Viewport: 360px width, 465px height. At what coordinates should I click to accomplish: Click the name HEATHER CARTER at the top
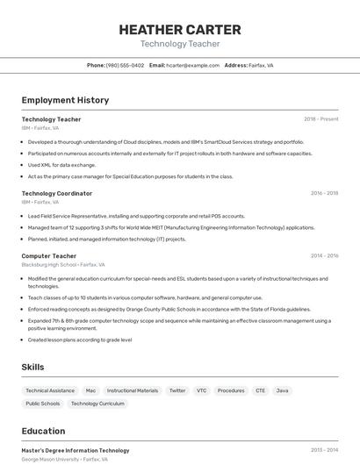pyautogui.click(x=179, y=29)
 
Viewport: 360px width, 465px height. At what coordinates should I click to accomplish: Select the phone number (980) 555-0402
pyautogui.click(x=125, y=65)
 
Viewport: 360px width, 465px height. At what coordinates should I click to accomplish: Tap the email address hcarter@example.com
pyautogui.click(x=192, y=65)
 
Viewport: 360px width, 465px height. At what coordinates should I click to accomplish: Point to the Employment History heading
pyautogui.click(x=65, y=100)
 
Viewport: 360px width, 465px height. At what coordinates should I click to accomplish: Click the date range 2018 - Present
pyautogui.click(x=320, y=119)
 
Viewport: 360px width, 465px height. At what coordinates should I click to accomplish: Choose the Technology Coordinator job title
pyautogui.click(x=56, y=193)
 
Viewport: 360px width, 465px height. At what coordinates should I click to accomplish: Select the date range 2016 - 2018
pyautogui.click(x=324, y=193)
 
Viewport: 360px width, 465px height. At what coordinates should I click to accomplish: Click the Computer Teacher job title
pyautogui.click(x=48, y=255)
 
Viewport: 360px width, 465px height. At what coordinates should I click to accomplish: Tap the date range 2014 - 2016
pyautogui.click(x=324, y=255)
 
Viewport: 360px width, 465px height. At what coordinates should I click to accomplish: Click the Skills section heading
pyautogui.click(x=33, y=367)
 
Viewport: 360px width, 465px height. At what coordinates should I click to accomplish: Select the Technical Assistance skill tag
pyautogui.click(x=50, y=390)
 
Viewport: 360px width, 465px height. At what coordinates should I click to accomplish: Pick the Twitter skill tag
pyautogui.click(x=177, y=390)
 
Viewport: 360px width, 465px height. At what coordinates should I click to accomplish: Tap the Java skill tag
pyautogui.click(x=282, y=390)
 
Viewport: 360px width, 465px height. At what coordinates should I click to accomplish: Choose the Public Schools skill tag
pyautogui.click(x=43, y=404)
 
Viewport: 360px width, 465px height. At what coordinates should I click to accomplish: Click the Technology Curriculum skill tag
pyautogui.click(x=97, y=404)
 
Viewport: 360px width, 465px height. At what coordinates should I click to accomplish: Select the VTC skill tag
pyautogui.click(x=202, y=390)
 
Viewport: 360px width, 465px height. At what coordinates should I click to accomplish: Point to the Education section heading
pyautogui.click(x=43, y=431)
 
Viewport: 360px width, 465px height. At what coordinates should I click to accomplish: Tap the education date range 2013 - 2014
pyautogui.click(x=324, y=450)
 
